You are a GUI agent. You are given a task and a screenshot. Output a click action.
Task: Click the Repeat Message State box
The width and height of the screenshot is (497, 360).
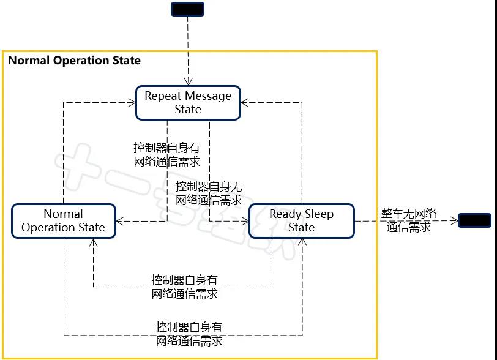188,102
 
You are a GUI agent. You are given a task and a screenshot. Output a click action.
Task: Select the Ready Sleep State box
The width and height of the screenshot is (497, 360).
301,220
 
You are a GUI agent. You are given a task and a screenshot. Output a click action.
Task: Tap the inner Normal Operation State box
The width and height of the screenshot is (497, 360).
63,220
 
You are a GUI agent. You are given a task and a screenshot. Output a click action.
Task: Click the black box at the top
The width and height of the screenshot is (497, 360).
187,9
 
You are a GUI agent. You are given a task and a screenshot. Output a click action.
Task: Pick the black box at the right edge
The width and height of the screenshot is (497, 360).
475,220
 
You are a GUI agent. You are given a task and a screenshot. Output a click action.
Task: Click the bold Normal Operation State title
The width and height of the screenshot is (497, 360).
74,61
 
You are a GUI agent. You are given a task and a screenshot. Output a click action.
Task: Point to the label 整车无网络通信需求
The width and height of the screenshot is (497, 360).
409,220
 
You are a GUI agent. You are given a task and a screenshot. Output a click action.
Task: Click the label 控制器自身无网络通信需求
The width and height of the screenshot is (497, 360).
209,193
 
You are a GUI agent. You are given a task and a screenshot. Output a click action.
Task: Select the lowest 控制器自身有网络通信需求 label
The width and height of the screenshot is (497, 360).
189,334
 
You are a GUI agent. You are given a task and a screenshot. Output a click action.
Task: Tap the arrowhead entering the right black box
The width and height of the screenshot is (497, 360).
455,220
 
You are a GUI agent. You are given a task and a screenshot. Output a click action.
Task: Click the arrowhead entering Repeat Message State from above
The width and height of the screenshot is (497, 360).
188,82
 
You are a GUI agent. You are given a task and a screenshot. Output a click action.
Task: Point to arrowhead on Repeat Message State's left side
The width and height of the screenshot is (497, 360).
132,103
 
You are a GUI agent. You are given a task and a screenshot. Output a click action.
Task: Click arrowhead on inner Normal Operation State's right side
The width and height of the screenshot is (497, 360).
119,221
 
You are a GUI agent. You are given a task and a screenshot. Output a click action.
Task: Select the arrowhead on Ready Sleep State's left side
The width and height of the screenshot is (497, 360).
245,221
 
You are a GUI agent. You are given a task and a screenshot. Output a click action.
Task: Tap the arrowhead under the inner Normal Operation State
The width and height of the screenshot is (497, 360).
93,242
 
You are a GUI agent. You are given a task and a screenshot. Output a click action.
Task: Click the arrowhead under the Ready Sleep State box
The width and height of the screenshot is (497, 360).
302,242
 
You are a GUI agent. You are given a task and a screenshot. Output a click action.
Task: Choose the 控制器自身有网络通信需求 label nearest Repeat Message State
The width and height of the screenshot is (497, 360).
166,155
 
